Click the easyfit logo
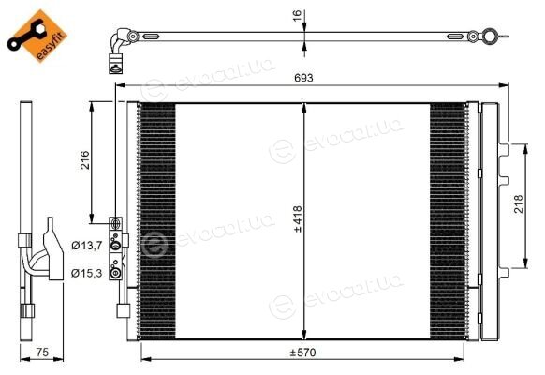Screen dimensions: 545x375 [x=37, y=36]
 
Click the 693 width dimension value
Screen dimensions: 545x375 [x=303, y=78]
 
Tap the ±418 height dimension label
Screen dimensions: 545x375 [x=298, y=218]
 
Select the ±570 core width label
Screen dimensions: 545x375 [x=303, y=352]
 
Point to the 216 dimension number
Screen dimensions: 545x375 [x=85, y=160]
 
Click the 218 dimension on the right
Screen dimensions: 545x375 [x=518, y=204]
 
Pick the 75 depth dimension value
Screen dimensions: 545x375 [x=42, y=352]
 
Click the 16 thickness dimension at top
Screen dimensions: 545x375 [x=297, y=16]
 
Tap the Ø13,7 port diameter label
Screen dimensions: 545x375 [x=86, y=246]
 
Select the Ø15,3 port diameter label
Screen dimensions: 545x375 [x=86, y=273]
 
